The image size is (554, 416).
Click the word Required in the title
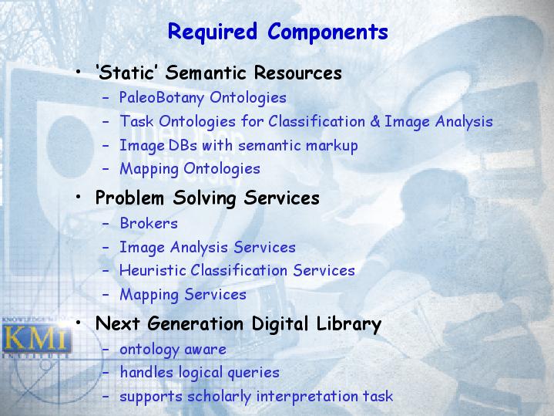pos(213,32)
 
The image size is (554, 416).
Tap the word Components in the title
pos(328,32)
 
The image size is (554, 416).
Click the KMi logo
pos(36,339)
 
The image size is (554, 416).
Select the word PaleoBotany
pos(162,98)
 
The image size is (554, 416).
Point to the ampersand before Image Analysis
pos(375,121)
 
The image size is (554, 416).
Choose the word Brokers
pos(149,223)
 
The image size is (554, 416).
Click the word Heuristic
pos(153,270)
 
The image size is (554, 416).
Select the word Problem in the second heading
pos(129,198)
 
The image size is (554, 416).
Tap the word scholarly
pos(219,397)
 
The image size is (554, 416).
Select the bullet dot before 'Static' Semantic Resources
pos(79,72)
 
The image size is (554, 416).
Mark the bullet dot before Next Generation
pos(79,323)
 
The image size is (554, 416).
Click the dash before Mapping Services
pos(106,295)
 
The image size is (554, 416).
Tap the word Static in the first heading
pos(126,73)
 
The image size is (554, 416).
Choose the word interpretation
pos(307,397)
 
